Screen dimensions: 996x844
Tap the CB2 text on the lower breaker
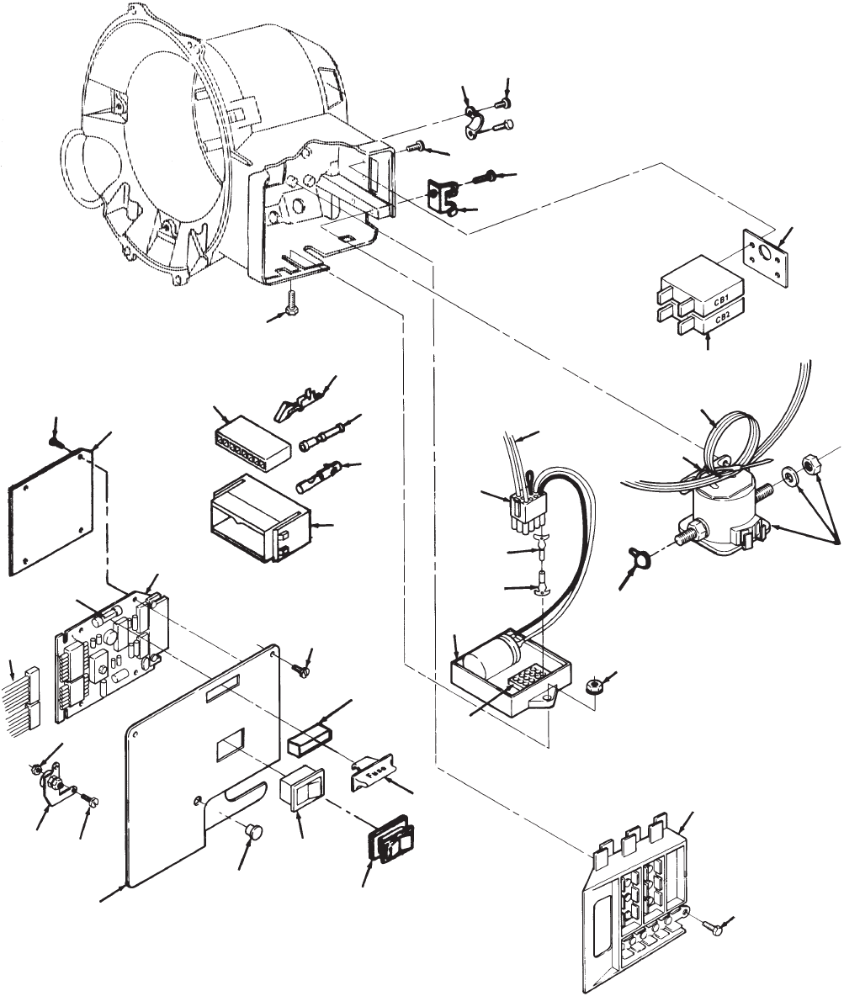click(721, 319)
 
